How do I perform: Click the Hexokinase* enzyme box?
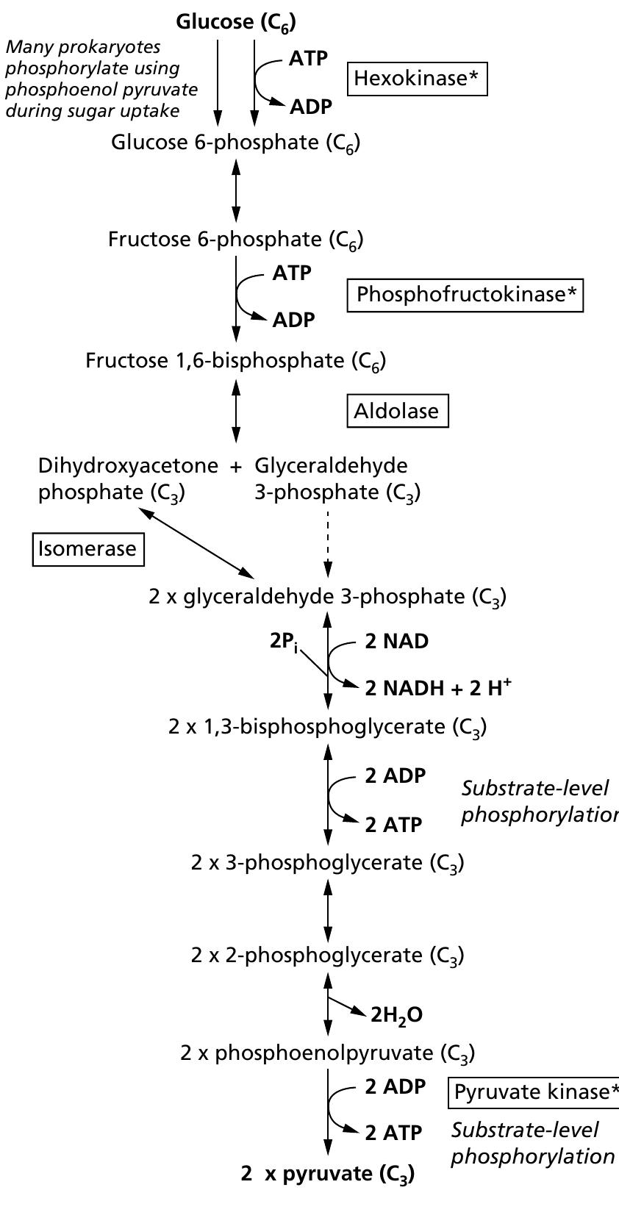pyautogui.click(x=417, y=79)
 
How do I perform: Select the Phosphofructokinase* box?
pyautogui.click(x=465, y=295)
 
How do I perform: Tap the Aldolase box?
pyautogui.click(x=397, y=411)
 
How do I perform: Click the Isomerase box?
pyautogui.click(x=87, y=549)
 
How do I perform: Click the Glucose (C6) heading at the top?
pyautogui.click(x=235, y=23)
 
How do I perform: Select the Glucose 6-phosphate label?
pyautogui.click(x=235, y=143)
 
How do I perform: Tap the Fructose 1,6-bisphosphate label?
pyautogui.click(x=235, y=361)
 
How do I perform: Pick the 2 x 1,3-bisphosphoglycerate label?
pyautogui.click(x=327, y=727)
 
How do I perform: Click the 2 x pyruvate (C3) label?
pyautogui.click(x=327, y=1174)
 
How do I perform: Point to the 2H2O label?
pyautogui.click(x=396, y=1016)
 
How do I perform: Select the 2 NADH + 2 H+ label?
pyautogui.click(x=438, y=688)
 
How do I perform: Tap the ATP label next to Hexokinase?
pyautogui.click(x=308, y=59)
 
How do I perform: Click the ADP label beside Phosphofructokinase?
pyautogui.click(x=293, y=320)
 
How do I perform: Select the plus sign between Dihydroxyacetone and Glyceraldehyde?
pyautogui.click(x=236, y=466)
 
